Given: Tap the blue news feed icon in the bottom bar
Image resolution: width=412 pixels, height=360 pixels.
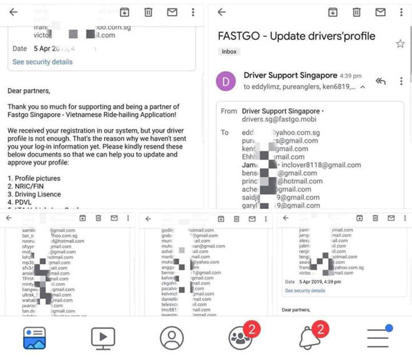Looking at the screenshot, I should point(35,337).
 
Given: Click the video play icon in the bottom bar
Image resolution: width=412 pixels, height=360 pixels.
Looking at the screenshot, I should point(103,338).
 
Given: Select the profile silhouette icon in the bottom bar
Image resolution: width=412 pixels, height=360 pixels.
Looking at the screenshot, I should point(172,338).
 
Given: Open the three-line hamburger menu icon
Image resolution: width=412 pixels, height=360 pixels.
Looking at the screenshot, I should point(378,338).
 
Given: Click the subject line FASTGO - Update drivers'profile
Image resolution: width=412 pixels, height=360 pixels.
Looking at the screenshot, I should point(297,36).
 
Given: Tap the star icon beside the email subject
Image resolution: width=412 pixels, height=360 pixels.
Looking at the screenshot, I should point(400,43).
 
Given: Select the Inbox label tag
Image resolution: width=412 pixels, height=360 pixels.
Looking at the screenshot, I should point(228,51).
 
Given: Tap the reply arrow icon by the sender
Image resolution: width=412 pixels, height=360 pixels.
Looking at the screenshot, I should point(380,81).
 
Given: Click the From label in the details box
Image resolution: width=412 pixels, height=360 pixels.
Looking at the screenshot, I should point(229,111).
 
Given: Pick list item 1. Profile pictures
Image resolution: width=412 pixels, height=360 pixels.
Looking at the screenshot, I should point(34,178).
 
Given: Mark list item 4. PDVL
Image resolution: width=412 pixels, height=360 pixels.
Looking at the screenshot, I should point(21,202).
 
